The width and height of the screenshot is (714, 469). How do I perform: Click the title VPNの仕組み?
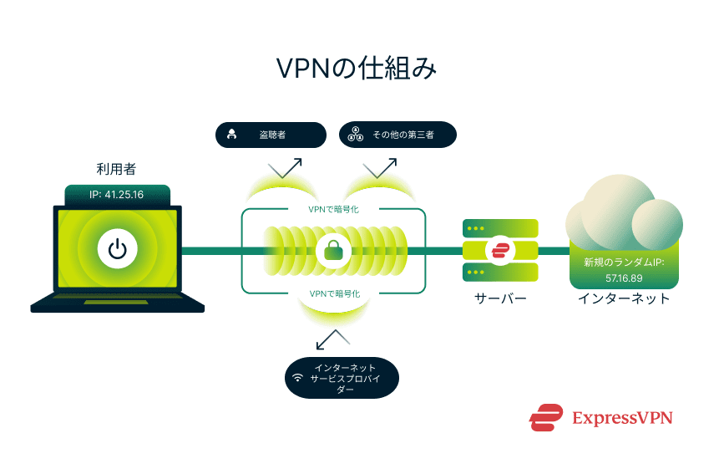tap(357, 69)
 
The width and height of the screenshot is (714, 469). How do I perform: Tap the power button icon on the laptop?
tap(117, 249)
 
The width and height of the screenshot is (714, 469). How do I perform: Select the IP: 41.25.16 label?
tap(118, 195)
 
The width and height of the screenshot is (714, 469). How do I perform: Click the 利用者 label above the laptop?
tap(117, 170)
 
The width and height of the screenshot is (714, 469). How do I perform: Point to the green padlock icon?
tap(334, 249)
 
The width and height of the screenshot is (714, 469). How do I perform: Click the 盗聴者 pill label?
tap(271, 135)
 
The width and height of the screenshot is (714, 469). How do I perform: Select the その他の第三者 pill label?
tap(398, 135)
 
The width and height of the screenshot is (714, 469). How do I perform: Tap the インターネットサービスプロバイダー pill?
tap(342, 378)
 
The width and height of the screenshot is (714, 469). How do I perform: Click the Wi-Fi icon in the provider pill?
tap(297, 378)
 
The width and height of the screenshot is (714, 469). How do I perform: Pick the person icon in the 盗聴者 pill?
tap(232, 135)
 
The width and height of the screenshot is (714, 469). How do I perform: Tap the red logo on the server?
tap(501, 250)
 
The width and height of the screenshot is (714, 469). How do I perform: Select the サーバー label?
tap(501, 298)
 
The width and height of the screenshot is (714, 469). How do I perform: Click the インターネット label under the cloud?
tap(624, 298)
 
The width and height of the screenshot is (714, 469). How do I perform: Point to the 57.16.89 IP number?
tap(623, 276)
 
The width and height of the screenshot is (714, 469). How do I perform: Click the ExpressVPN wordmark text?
tap(622, 417)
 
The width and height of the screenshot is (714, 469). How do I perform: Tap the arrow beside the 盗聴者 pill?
tap(285, 166)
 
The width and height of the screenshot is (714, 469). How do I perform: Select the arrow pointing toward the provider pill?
tap(332, 339)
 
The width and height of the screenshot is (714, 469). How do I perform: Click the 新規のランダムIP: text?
tap(623, 262)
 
